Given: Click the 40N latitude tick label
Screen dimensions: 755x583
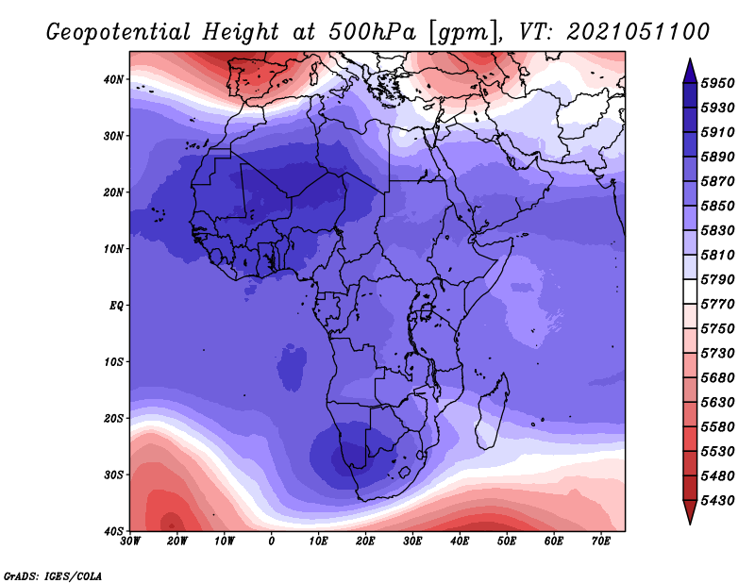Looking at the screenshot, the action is [113, 79].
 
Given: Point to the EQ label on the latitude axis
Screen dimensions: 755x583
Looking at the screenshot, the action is [116, 306].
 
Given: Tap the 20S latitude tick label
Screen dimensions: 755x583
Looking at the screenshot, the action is [113, 418].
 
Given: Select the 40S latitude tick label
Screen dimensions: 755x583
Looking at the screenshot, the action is [113, 531].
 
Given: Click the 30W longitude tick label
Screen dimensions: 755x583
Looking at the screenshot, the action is [130, 541].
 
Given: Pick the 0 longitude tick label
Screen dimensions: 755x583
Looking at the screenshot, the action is [272, 541].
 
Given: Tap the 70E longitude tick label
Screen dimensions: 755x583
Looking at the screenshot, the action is [601, 541].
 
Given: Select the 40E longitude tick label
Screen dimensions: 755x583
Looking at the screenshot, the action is [460, 541].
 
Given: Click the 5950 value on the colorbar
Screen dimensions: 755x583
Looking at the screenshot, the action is [718, 83].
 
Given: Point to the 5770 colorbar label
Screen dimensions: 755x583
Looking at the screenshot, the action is [718, 304].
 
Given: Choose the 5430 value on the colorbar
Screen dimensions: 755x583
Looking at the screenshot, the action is [718, 500].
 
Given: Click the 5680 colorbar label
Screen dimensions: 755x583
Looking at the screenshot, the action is [718, 377].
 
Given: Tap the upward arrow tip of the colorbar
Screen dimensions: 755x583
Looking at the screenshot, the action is [690, 58].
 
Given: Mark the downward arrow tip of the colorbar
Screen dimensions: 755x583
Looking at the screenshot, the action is [690, 524].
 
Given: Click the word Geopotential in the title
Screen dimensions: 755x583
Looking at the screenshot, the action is [119, 33].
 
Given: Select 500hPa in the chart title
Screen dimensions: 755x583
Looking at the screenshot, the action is [372, 32].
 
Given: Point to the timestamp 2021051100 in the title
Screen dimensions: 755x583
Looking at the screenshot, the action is [638, 32].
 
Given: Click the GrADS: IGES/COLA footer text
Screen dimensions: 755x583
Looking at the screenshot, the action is [53, 575].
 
